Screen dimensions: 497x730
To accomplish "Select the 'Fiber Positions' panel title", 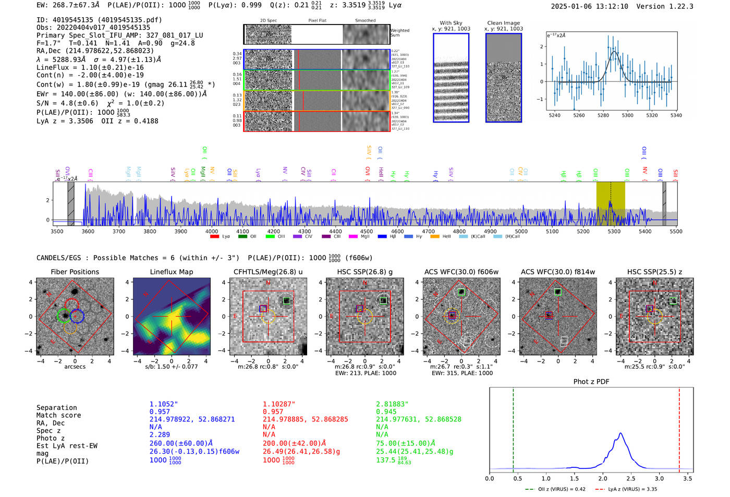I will tap(75, 272).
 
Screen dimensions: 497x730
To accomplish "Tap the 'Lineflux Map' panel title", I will tap(171, 272).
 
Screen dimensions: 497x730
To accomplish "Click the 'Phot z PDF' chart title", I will tap(591, 382).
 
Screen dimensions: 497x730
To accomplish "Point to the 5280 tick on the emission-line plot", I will tap(603, 115).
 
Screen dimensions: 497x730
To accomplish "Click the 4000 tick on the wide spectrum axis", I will tap(212, 231).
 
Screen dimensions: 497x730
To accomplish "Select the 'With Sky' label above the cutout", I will tap(451, 23).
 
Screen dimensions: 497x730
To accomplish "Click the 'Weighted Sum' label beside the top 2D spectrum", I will tap(399, 33).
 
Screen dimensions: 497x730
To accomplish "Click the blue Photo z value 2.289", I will tap(160, 434).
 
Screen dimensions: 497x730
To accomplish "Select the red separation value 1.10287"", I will tap(278, 404).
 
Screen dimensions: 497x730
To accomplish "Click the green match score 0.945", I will tap(386, 411).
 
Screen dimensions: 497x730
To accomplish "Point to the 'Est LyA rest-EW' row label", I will tap(67, 446).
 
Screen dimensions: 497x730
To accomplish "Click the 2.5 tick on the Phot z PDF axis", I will tap(631, 478).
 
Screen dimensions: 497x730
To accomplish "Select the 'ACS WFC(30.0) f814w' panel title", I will tap(557, 272).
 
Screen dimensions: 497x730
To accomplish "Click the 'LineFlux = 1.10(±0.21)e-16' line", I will tap(90, 67).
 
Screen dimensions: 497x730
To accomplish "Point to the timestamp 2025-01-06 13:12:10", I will tap(589, 6).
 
